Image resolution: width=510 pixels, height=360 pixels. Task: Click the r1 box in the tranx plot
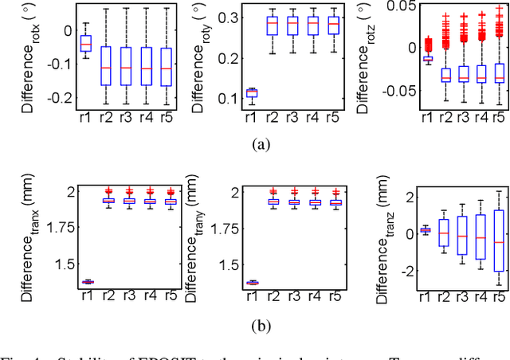pyautogui.click(x=88, y=282)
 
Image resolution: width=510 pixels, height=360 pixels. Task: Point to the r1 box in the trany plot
pyautogui.click(x=253, y=283)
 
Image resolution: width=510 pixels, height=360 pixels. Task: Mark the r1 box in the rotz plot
pyautogui.click(x=427, y=58)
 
